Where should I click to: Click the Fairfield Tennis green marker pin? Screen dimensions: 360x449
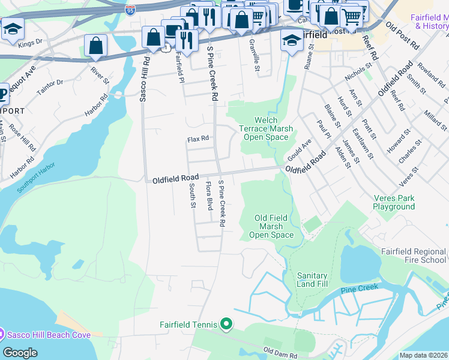[226, 325]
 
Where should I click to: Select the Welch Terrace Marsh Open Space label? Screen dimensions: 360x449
[266, 128]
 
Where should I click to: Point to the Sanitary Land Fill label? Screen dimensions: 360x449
[312, 280]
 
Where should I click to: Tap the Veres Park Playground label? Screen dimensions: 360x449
[394, 202]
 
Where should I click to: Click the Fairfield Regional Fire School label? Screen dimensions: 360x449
[414, 256]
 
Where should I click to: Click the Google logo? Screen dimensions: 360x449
[20, 353]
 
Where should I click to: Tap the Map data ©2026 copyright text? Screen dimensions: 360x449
[423, 355]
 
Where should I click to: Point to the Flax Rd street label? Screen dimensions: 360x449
[198, 139]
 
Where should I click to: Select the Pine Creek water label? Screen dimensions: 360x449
[360, 287]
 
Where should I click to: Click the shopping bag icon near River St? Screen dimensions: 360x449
[96, 46]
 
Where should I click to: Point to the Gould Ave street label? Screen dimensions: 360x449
[300, 148]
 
